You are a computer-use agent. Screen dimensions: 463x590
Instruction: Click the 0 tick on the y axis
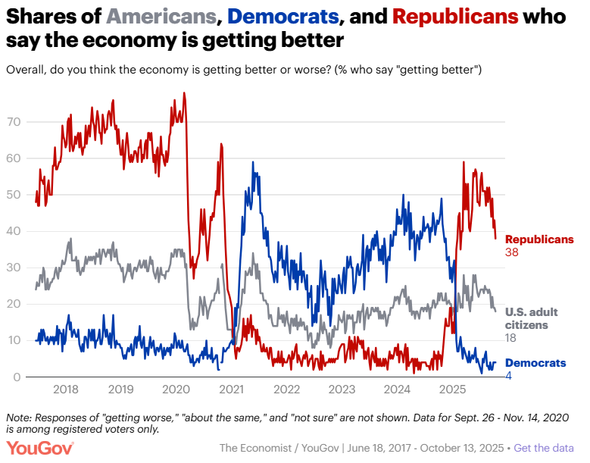pyautogui.click(x=17, y=377)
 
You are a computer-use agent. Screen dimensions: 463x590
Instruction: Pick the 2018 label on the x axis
pyautogui.click(x=66, y=390)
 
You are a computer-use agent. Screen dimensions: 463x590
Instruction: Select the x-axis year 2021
pyautogui.click(x=231, y=390)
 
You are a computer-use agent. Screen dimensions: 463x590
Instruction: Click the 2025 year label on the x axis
pyautogui.click(x=452, y=390)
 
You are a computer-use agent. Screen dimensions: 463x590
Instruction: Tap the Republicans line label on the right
pyautogui.click(x=539, y=239)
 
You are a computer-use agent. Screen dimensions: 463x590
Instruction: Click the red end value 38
pyautogui.click(x=512, y=252)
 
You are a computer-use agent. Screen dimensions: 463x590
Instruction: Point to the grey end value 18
pyautogui.click(x=511, y=337)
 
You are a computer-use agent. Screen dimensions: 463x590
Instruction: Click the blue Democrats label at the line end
pyautogui.click(x=535, y=363)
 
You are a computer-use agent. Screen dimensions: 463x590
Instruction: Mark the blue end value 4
pyautogui.click(x=508, y=376)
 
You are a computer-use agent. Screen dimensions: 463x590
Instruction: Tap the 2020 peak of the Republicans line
pyautogui.click(x=184, y=93)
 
